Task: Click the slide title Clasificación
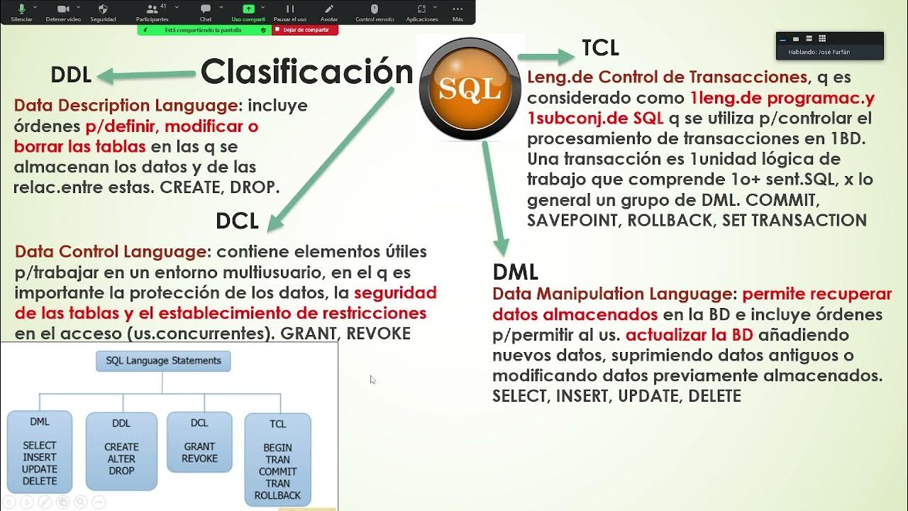click(x=306, y=72)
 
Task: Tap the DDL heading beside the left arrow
click(x=71, y=75)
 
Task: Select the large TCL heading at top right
click(x=600, y=48)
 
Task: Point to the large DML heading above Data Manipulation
click(x=515, y=272)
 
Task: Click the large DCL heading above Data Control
click(x=237, y=221)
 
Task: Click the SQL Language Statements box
click(x=163, y=361)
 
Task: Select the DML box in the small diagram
click(x=40, y=451)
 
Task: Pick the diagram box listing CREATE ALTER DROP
click(x=121, y=451)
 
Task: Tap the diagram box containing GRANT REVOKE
click(x=199, y=441)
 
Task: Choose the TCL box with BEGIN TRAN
click(x=277, y=459)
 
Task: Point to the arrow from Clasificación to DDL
click(x=146, y=74)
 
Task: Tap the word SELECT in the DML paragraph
click(x=521, y=396)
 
